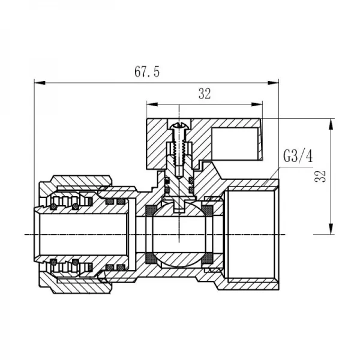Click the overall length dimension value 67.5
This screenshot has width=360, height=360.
[x=146, y=73]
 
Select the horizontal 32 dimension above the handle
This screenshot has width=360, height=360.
[x=204, y=94]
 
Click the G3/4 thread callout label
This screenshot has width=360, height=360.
[x=296, y=157]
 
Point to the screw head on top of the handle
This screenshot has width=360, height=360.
[x=179, y=125]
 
